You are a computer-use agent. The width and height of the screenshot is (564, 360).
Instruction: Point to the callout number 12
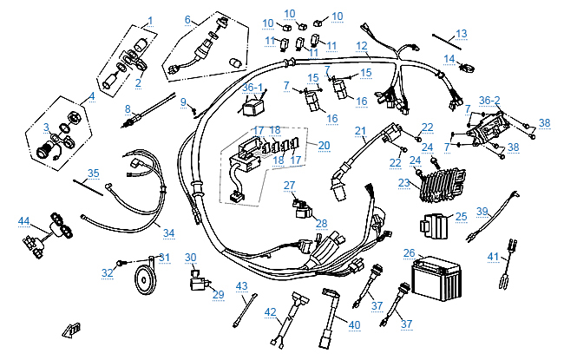(x=362, y=45)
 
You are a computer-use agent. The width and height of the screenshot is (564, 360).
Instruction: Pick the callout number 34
(x=168, y=232)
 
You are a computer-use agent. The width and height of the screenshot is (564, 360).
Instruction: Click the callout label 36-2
(x=489, y=100)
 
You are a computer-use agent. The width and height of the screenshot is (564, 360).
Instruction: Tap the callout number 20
(x=324, y=145)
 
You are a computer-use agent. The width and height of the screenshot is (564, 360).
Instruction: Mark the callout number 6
(x=187, y=19)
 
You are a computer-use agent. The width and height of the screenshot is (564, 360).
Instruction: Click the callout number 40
(x=353, y=324)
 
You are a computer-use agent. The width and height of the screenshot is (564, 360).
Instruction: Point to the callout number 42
(x=271, y=311)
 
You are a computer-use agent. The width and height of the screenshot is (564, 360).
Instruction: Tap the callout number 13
(x=462, y=33)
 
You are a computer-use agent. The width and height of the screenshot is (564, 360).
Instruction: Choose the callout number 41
(x=493, y=256)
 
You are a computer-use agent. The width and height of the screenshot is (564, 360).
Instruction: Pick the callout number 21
(x=360, y=131)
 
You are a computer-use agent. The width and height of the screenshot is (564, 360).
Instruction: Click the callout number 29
(x=219, y=294)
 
